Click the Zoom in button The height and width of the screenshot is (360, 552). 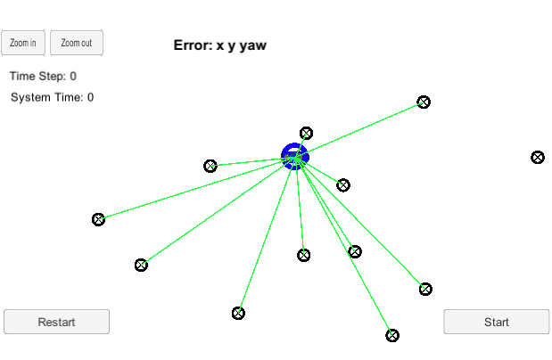24,43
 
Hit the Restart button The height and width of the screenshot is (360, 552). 56,322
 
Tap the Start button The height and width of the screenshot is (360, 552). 497,322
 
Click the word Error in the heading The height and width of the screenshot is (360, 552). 193,45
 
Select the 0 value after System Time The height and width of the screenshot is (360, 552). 90,97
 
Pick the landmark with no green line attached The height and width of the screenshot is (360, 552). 538,157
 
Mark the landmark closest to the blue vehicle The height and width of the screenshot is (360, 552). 306,134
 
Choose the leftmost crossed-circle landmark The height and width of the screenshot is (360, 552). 99,219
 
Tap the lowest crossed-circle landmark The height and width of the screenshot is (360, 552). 392,335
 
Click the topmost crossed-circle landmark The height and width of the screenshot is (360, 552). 424,102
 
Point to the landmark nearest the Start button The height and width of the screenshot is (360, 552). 425,289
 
